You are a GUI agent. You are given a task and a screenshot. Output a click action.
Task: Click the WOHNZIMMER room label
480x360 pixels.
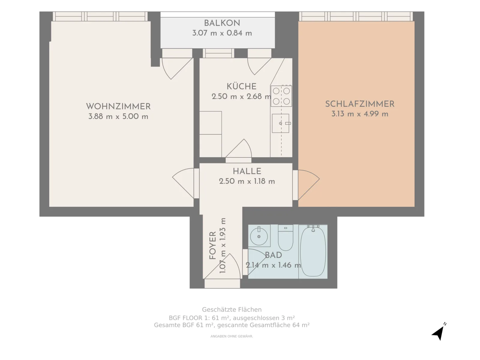(x=118, y=106)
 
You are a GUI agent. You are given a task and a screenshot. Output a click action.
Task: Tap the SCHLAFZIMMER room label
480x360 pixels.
(x=360, y=104)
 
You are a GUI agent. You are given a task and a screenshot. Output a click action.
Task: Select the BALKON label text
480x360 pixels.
(x=222, y=23)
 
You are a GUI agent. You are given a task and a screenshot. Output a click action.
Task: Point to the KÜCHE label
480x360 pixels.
(x=241, y=86)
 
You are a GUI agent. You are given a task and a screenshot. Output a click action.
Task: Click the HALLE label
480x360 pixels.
(x=247, y=171)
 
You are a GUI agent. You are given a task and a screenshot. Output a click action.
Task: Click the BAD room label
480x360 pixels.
(x=273, y=255)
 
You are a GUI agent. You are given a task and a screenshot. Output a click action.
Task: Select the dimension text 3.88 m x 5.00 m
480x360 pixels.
(x=118, y=116)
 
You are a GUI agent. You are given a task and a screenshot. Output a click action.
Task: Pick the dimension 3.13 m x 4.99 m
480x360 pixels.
(x=360, y=114)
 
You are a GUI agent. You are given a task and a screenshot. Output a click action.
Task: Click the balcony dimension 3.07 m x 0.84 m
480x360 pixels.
(x=222, y=33)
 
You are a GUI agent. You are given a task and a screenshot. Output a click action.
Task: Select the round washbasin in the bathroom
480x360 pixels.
(x=259, y=236)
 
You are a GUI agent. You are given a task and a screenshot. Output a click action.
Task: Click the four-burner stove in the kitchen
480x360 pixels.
(x=281, y=96)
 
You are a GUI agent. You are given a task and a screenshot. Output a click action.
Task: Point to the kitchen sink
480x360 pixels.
(x=280, y=123)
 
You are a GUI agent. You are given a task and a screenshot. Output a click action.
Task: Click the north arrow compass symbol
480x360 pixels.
(x=439, y=332)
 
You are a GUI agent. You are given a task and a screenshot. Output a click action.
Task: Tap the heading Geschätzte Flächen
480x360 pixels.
(x=232, y=310)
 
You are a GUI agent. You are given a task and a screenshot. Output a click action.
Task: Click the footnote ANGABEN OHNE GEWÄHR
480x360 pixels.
(x=232, y=336)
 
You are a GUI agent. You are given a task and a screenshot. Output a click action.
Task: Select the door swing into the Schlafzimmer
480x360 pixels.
(x=309, y=185)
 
